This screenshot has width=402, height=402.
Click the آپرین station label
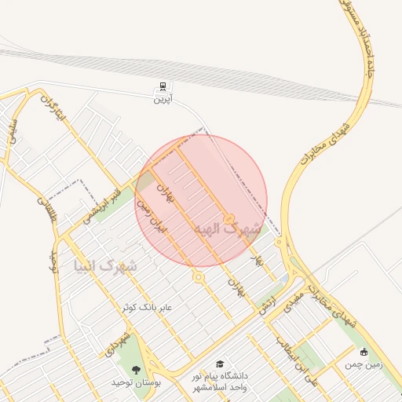162,98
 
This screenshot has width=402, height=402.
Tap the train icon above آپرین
162,86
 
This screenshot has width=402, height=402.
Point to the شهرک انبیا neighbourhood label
105,265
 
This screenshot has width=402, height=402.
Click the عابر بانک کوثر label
146,307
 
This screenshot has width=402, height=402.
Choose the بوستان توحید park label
137,382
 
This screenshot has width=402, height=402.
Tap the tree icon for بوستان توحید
137,370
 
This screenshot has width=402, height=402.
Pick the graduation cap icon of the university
220,364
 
